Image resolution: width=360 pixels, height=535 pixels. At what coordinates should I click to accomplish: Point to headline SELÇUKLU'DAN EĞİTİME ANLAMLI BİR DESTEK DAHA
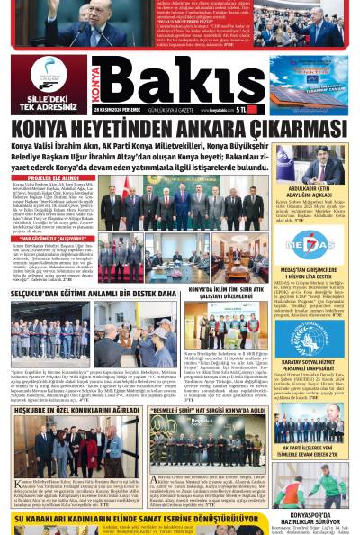[x=94, y=294]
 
